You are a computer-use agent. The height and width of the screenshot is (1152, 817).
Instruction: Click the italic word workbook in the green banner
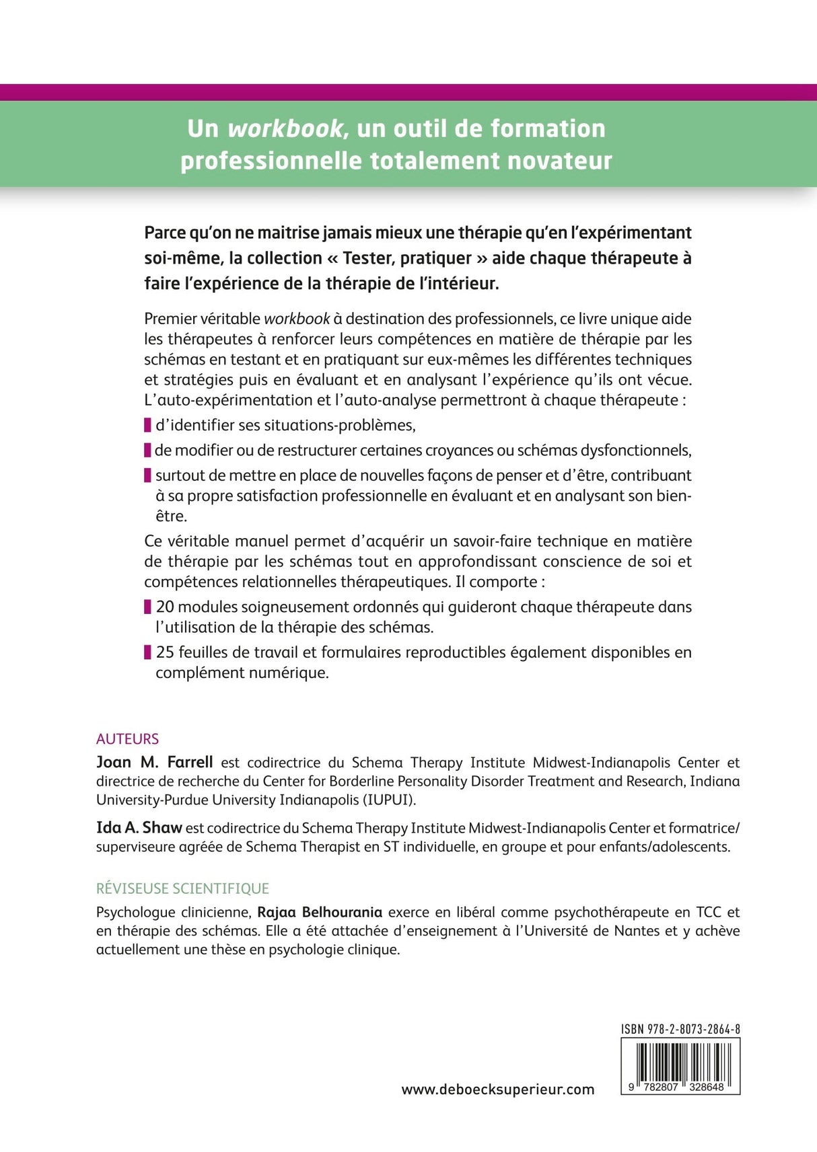point(285,128)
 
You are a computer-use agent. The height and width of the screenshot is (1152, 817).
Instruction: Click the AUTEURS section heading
point(127,738)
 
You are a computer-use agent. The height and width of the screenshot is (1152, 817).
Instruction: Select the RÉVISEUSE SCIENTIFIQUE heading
point(182,888)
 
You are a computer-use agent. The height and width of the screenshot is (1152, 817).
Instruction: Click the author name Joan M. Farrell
point(154,762)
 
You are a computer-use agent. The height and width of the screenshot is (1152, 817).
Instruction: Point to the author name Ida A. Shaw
point(139,828)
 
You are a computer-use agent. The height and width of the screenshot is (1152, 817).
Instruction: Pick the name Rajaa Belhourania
point(320,912)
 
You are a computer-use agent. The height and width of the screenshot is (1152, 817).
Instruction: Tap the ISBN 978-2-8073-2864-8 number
point(680,1029)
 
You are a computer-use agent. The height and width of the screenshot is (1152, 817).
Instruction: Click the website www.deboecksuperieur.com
point(498,1089)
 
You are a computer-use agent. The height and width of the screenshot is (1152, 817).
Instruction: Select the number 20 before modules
point(165,607)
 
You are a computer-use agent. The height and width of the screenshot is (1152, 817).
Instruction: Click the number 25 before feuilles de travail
point(165,652)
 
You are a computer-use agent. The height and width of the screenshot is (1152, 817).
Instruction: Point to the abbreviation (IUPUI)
point(390,800)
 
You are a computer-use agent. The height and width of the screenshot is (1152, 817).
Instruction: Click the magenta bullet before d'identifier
point(147,425)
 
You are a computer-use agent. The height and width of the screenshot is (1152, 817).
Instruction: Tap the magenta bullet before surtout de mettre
point(147,475)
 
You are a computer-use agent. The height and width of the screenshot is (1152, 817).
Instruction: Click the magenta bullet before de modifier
point(147,451)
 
